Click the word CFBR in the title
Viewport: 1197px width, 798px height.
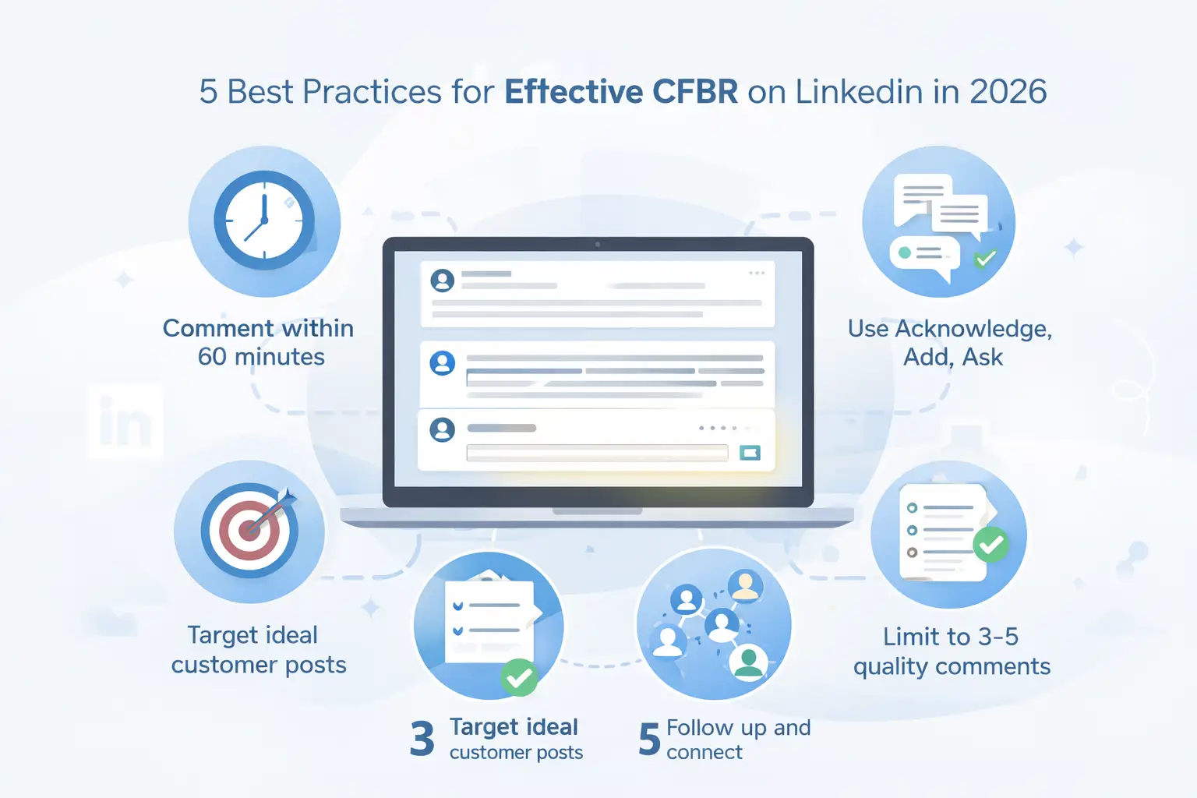(695, 92)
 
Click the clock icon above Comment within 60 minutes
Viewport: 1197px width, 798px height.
(264, 221)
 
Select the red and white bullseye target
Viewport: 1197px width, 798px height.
(249, 531)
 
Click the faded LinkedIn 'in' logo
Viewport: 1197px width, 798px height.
(125, 421)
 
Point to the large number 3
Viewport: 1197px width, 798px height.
(422, 739)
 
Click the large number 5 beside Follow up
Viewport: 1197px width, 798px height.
(650, 739)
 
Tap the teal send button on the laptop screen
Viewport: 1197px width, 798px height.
(750, 453)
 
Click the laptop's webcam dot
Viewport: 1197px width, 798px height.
(598, 244)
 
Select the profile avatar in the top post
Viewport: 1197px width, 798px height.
(443, 280)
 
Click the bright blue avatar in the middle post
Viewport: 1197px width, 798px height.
(443, 363)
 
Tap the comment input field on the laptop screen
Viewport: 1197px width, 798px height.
(597, 453)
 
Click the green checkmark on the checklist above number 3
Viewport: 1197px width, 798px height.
(519, 677)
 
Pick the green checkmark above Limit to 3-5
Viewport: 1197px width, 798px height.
(991, 544)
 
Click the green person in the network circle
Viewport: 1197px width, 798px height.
(749, 662)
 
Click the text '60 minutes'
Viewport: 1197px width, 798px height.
(261, 356)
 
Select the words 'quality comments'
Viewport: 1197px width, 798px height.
(952, 666)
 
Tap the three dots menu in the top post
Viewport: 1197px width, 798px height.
(757, 273)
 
